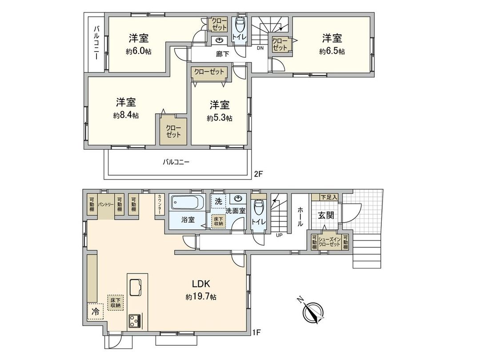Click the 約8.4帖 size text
coord(126,116)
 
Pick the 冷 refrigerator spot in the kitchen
coord(95,312)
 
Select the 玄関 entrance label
coord(325,215)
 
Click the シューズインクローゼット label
coord(329,243)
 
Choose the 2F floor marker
coord(259,175)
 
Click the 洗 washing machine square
coord(218,201)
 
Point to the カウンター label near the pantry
coord(159,205)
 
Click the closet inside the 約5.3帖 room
coord(209,72)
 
